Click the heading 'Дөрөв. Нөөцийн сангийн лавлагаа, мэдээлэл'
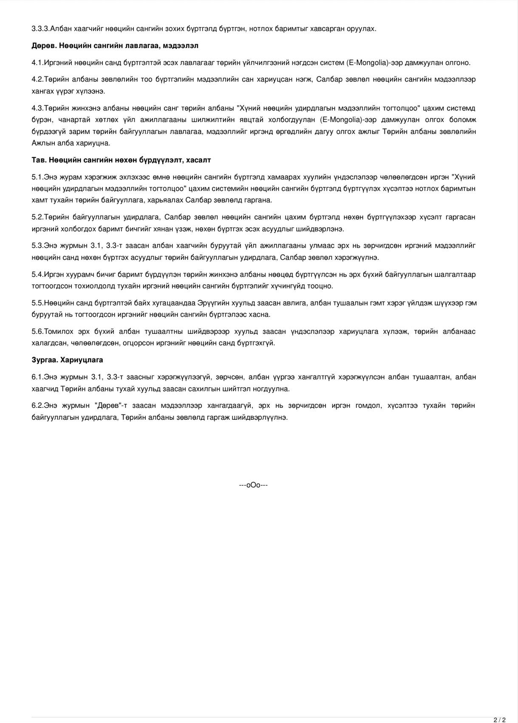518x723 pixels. [115, 46]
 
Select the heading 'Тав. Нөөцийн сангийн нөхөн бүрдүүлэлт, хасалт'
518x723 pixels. [121, 160]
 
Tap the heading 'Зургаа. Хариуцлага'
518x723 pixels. [67, 360]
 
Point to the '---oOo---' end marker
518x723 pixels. [253, 485]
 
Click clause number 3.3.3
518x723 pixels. [40, 28]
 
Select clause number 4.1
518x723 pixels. [37, 63]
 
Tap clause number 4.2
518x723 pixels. [37, 80]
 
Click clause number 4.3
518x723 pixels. [37, 108]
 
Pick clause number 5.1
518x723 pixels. [37, 177]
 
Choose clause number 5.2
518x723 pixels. [37, 217]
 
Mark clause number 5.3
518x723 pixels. [37, 246]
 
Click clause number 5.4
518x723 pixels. [37, 274]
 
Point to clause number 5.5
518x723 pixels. [37, 303]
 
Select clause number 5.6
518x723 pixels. [37, 331]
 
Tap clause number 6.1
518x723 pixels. [37, 377]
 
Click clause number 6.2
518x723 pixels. [37, 405]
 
